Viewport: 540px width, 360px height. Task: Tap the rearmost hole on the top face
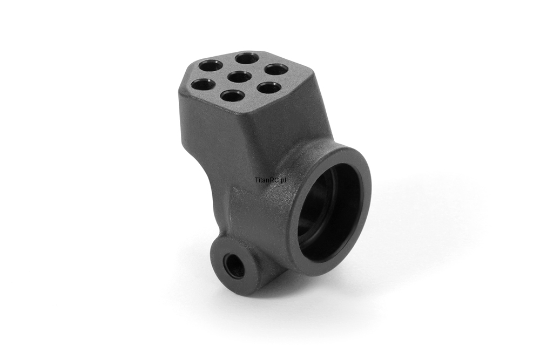tap(248, 57)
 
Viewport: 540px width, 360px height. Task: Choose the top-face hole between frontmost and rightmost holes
tap(269, 88)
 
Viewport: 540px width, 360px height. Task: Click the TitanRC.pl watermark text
tap(271, 180)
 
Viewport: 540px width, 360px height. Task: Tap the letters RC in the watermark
tap(272, 180)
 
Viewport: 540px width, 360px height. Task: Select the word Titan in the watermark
tap(261, 180)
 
